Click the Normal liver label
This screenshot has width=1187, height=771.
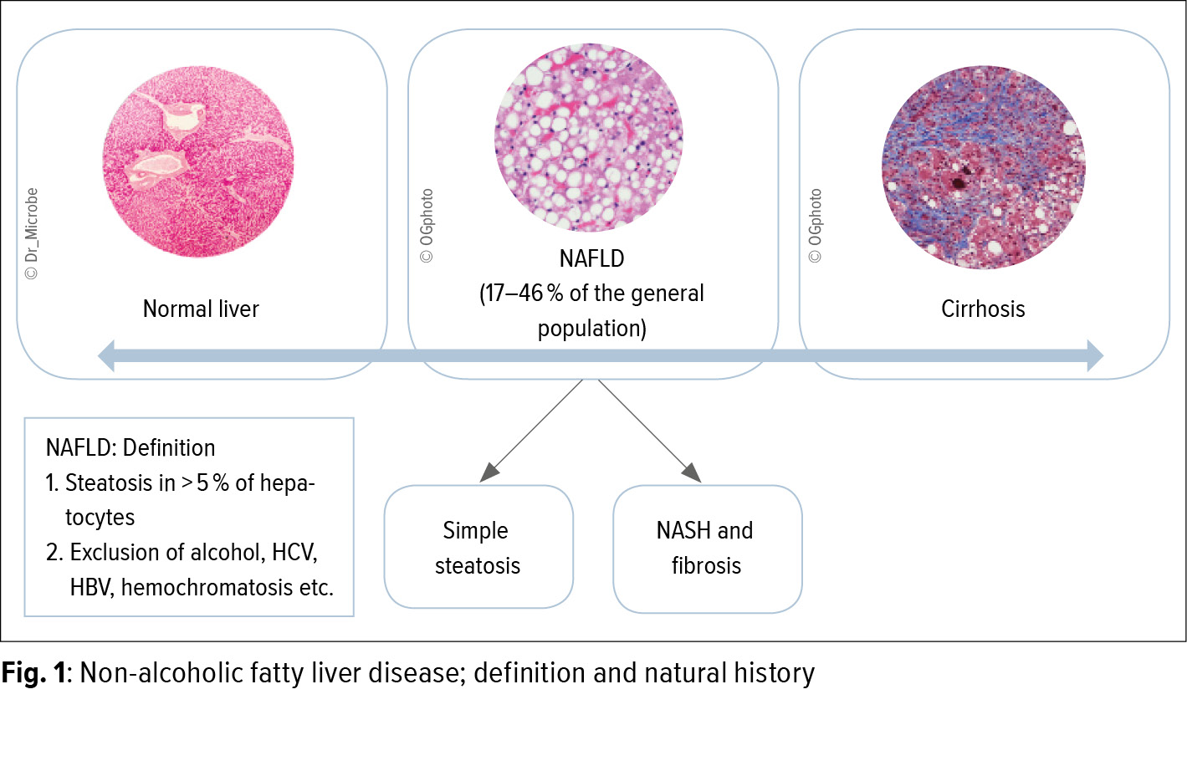[x=201, y=309]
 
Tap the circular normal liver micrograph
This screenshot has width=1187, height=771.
[x=198, y=161]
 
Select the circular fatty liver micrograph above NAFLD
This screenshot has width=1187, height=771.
[x=589, y=138]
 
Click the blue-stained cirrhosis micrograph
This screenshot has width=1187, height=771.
[x=984, y=167]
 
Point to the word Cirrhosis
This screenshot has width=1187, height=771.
[x=983, y=309]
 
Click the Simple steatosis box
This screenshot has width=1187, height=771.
[x=478, y=547]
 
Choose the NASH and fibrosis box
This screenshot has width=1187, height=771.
[x=708, y=549]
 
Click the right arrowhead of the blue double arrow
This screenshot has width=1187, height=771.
[x=1095, y=355]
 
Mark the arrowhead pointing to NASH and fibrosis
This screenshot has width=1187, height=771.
[x=692, y=472]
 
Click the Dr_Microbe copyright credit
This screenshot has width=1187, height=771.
[x=31, y=233]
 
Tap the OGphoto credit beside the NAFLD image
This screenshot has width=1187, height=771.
[x=427, y=225]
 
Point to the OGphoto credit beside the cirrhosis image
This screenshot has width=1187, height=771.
[x=815, y=225]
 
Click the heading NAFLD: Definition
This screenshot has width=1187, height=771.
[x=130, y=447]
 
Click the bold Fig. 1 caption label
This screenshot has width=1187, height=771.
[x=34, y=673]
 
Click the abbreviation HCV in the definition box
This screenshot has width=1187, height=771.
[x=294, y=553]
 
